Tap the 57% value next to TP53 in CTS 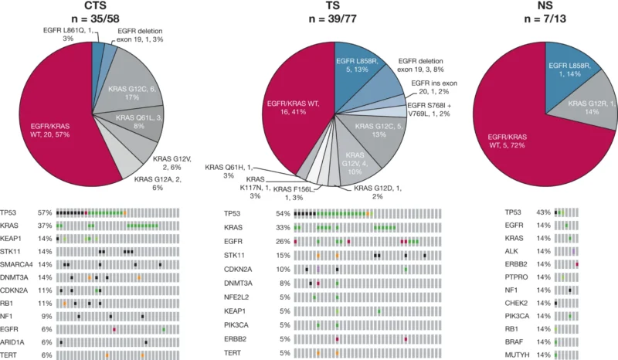tap(46, 212)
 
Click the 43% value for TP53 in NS tap(543, 212)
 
